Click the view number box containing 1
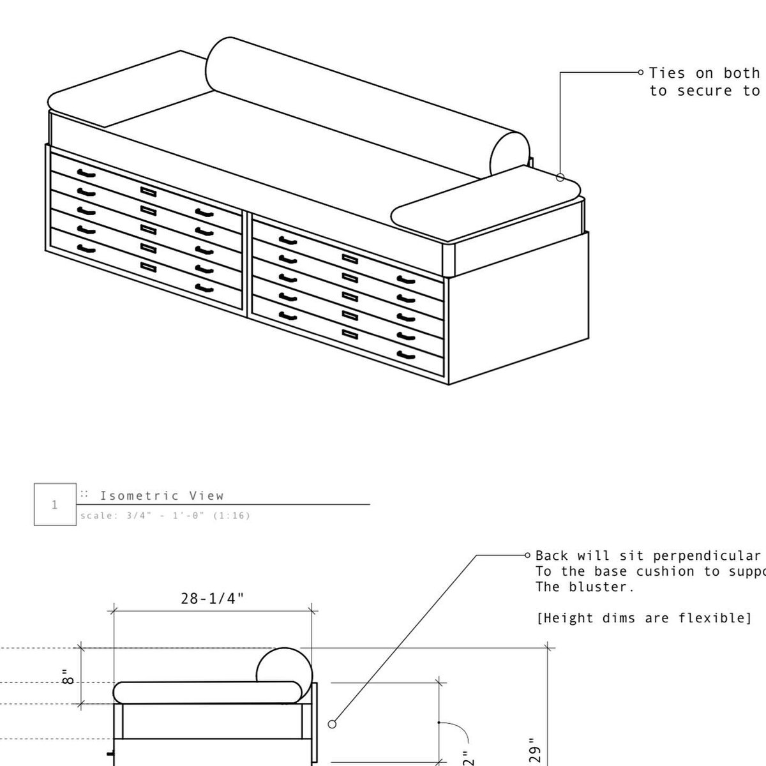[x=54, y=505]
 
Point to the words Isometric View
[x=161, y=495]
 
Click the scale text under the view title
[x=165, y=516]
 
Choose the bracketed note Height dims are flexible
[x=643, y=618]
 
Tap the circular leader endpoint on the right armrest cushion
[x=560, y=177]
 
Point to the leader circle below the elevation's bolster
[x=331, y=724]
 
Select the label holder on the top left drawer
[x=148, y=191]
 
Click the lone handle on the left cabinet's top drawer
[x=86, y=173]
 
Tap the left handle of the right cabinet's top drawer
[x=289, y=240]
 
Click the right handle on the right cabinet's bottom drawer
[x=405, y=354]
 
